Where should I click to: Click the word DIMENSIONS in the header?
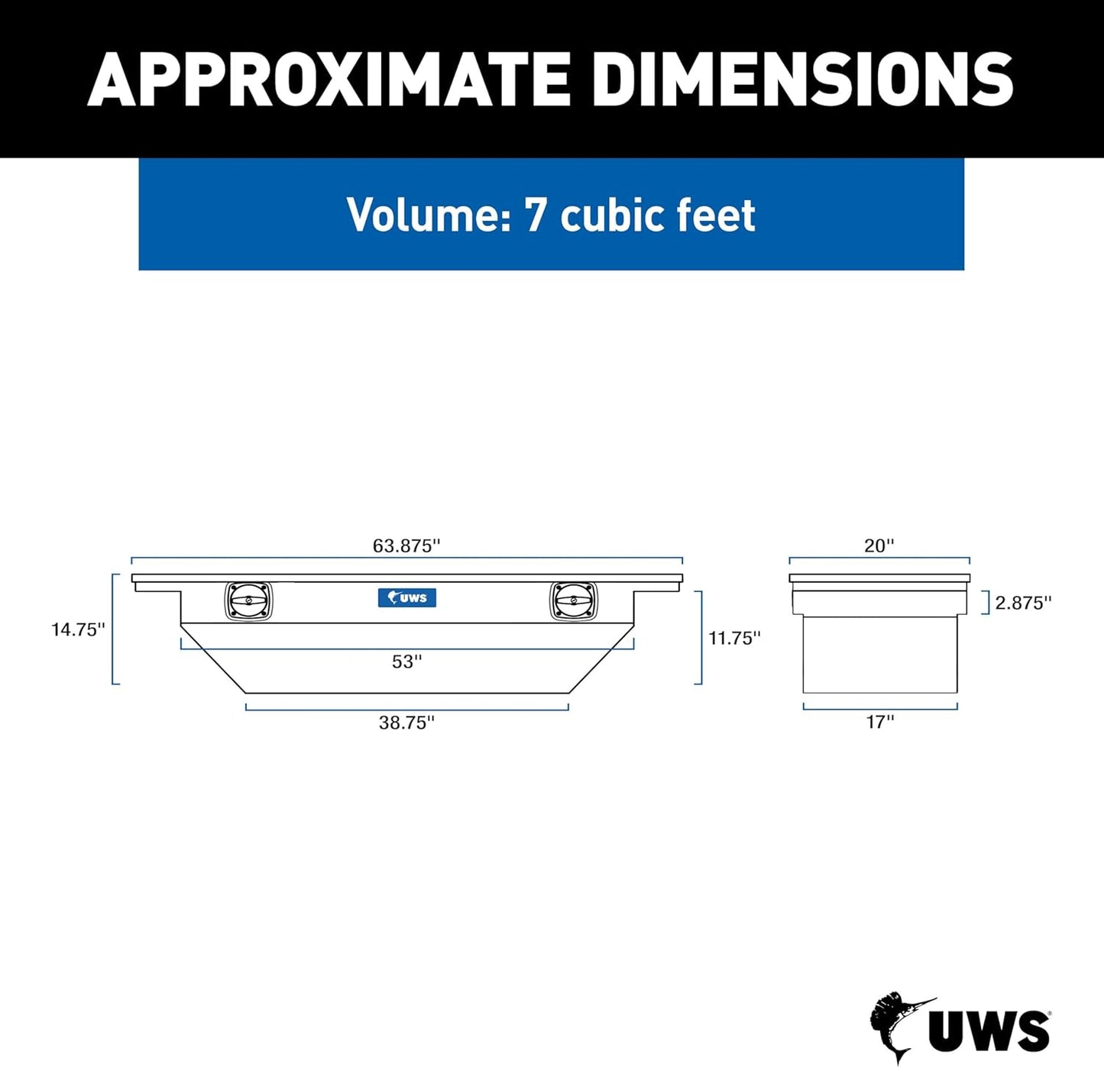[802, 79]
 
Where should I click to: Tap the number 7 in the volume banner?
[535, 215]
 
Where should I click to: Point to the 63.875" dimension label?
[406, 545]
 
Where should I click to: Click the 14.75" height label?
[78, 629]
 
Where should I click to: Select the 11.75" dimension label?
[734, 638]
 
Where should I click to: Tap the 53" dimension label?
[406, 662]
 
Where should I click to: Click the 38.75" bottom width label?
[406, 723]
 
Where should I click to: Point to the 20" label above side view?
[879, 545]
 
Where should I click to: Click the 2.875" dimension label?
[1023, 603]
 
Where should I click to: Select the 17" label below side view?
[879, 722]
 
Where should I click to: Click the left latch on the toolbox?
[248, 601]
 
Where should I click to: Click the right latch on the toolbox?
[574, 601]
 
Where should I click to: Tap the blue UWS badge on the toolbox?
[407, 597]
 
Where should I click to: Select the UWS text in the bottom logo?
[989, 1031]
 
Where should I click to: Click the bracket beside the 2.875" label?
[986, 603]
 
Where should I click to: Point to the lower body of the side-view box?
[879, 655]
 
